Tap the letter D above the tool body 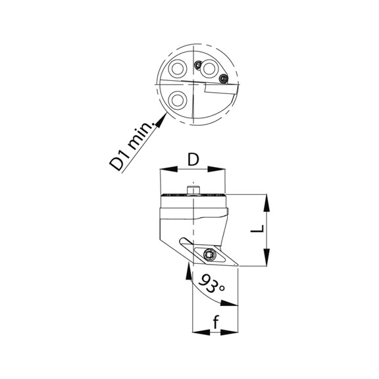(193, 160)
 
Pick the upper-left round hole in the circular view (177, 69)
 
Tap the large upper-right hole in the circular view (211, 68)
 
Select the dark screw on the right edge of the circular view (224, 79)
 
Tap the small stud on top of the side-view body (193, 190)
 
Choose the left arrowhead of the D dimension (164, 170)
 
